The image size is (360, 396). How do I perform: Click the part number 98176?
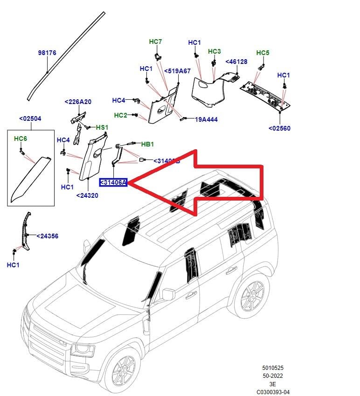(x=47, y=53)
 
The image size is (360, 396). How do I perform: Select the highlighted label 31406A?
(x=113, y=182)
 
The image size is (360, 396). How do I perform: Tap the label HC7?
(x=155, y=42)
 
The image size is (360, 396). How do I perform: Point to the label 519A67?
(x=177, y=71)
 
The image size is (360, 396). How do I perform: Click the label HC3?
(x=214, y=51)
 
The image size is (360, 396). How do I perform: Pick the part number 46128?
(x=236, y=62)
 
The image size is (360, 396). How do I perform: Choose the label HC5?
(x=263, y=53)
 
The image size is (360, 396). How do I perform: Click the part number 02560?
(x=279, y=128)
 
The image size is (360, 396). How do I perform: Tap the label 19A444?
(x=207, y=119)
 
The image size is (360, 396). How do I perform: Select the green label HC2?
(x=120, y=115)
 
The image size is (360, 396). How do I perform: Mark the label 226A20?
(x=78, y=102)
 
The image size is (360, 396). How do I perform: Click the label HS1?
(x=102, y=127)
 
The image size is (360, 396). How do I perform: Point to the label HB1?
(x=147, y=144)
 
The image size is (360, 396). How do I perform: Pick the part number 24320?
(x=87, y=196)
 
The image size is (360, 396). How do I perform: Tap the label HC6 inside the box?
(x=21, y=139)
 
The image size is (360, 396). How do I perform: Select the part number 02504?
(x=30, y=118)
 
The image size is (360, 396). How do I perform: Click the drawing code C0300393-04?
(x=273, y=392)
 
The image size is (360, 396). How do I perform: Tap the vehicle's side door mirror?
(x=168, y=294)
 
